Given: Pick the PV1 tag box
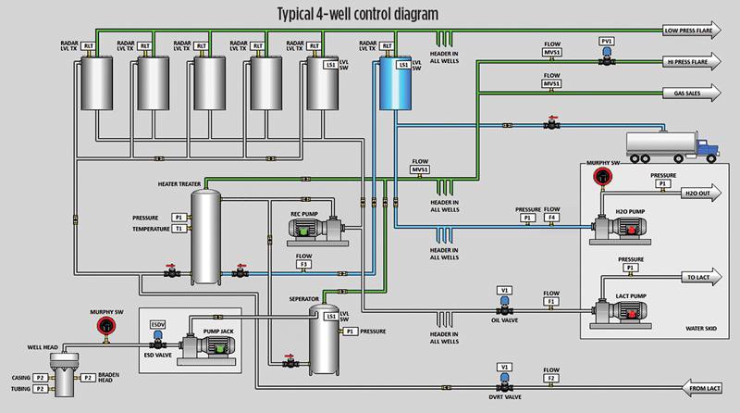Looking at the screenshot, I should click(x=607, y=42).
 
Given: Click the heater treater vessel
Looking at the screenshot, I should click(x=206, y=235).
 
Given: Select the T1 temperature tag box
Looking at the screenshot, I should click(x=179, y=228).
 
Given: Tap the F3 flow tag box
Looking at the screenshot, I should click(x=303, y=265).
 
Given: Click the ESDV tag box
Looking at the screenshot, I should click(x=157, y=325).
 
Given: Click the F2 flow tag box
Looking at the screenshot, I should click(x=551, y=379).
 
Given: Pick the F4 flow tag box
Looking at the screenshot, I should click(x=551, y=218).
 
